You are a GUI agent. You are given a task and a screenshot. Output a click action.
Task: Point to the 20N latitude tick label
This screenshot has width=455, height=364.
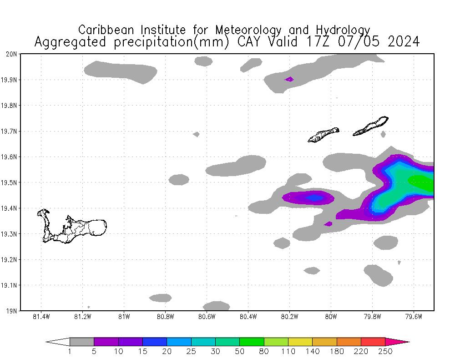click(11, 54)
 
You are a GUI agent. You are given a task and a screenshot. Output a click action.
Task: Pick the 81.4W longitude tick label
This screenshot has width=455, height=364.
click(41, 317)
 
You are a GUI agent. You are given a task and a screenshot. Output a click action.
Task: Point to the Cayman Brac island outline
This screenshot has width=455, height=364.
click(371, 126)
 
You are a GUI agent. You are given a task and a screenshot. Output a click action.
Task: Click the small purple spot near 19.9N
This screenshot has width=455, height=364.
click(289, 79)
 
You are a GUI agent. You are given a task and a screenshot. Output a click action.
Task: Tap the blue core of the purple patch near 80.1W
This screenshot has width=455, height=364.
click(313, 198)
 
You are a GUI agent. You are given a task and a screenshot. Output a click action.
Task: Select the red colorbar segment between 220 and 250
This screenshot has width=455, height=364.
click(373, 342)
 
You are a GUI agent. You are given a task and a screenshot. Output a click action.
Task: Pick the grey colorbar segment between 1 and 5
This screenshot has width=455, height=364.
click(82, 342)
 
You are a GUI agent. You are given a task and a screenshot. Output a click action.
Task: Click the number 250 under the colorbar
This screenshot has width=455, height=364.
click(385, 351)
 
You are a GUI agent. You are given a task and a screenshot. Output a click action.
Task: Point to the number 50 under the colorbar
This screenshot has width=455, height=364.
click(239, 351)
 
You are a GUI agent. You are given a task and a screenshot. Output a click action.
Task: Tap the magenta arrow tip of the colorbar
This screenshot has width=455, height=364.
click(400, 342)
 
